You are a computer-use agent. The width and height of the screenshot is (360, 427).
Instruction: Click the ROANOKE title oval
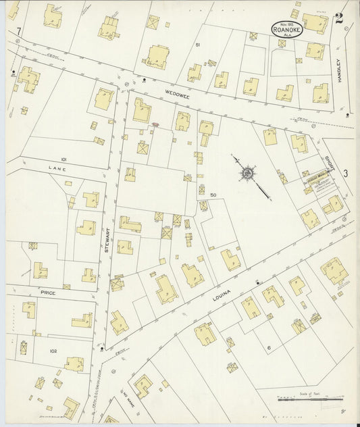click(x=284, y=28)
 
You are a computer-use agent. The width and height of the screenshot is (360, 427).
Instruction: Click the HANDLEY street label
click(x=342, y=69)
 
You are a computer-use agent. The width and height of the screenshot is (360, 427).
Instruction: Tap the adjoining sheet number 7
click(x=20, y=31)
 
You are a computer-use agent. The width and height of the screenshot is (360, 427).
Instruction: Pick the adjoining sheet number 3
click(x=345, y=174)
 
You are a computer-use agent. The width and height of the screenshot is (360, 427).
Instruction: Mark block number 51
click(x=198, y=45)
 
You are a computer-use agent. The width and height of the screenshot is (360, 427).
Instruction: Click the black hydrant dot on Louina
click(x=257, y=283)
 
